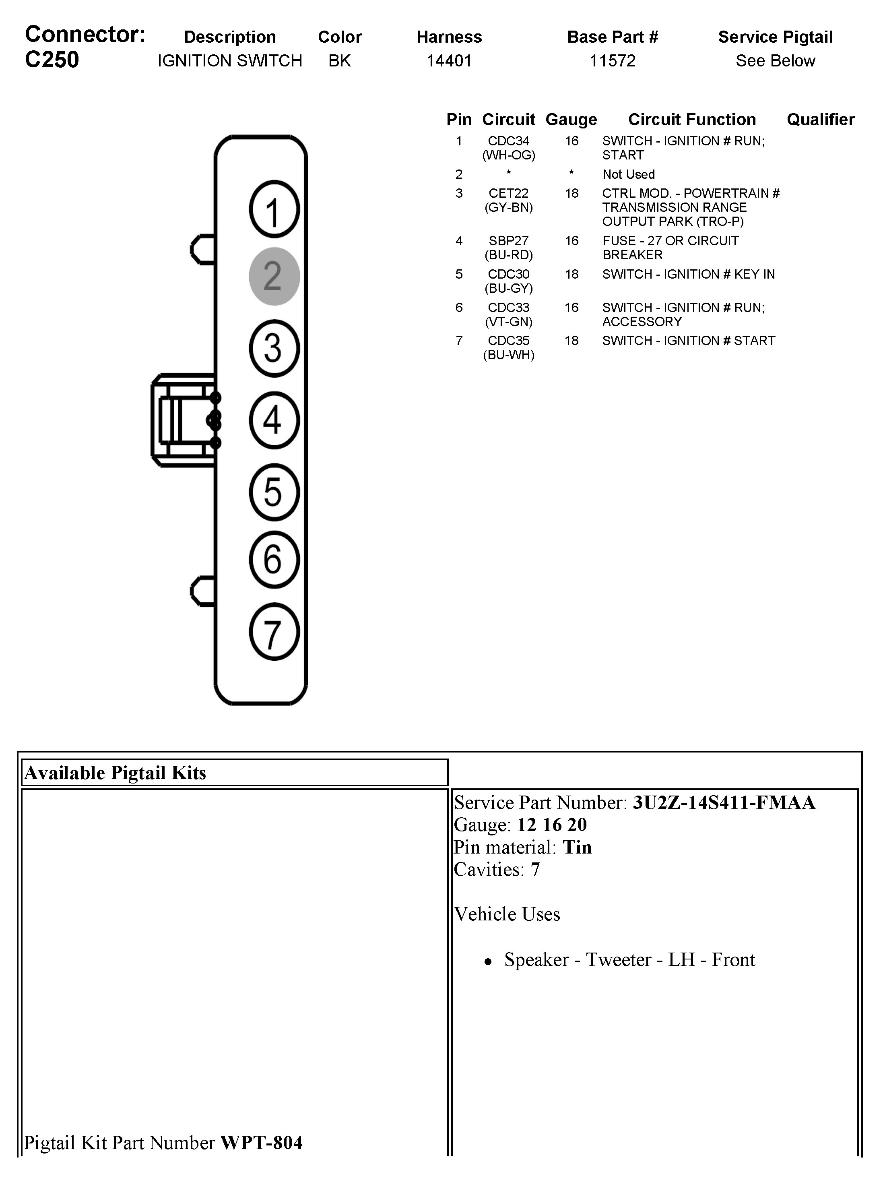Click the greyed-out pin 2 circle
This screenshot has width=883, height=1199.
tap(274, 276)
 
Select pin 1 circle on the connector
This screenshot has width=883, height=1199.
tap(274, 209)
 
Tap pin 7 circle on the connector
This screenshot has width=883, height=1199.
tap(274, 631)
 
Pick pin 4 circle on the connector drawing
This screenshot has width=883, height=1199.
tap(274, 420)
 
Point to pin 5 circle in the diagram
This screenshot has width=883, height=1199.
tap(274, 492)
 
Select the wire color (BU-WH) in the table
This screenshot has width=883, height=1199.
tap(508, 355)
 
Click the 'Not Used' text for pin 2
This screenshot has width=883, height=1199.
tap(628, 174)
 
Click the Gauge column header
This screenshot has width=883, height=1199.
tap(571, 119)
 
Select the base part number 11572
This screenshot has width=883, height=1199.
tap(612, 60)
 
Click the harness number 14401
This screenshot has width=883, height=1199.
tap(449, 60)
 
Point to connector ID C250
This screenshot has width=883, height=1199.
tap(52, 59)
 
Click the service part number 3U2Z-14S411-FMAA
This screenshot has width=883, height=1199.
tap(724, 802)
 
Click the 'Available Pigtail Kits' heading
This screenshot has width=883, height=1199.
tap(116, 773)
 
